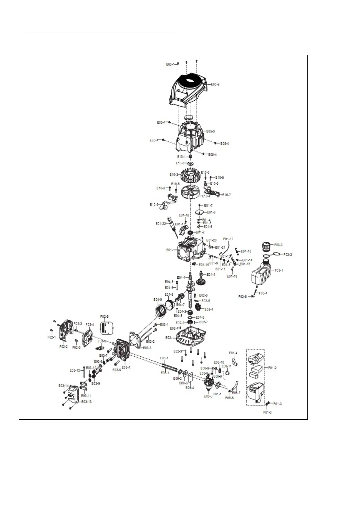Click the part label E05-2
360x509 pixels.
click(215, 84)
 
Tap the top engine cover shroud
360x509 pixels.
click(187, 89)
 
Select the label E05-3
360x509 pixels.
click(210, 131)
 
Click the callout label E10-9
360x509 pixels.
click(154, 205)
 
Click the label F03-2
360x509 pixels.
click(287, 254)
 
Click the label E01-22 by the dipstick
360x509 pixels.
click(161, 224)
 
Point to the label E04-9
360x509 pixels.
click(157, 300)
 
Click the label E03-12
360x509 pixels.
click(75, 370)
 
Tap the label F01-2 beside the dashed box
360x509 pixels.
click(272, 368)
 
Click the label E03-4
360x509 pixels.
click(126, 367)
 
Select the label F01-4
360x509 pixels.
click(233, 353)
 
